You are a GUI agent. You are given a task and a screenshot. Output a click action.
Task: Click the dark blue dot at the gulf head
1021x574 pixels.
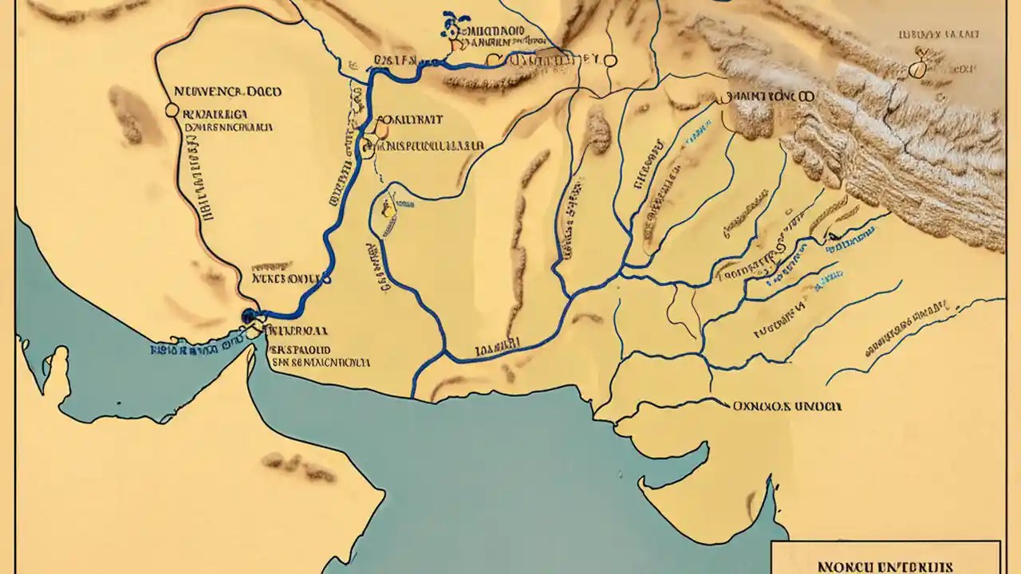(x=248, y=316)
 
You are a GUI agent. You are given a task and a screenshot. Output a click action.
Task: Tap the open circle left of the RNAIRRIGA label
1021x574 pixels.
(x=170, y=111)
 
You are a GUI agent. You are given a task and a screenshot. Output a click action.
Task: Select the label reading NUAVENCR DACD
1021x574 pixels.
(x=227, y=92)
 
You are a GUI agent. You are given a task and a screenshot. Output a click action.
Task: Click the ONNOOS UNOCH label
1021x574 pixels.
(x=786, y=405)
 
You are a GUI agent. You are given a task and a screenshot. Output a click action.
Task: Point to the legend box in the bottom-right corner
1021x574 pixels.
(x=885, y=556)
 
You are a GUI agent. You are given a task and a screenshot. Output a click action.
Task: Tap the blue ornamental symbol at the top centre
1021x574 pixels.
(x=452, y=26)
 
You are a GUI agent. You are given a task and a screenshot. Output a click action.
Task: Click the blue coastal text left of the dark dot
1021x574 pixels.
(x=195, y=348)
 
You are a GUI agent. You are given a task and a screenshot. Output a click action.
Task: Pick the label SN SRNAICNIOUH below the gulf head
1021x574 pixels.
(x=320, y=361)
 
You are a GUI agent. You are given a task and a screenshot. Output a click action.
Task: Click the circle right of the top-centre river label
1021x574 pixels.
(x=610, y=60)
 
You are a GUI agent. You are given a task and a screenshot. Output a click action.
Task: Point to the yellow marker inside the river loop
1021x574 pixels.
(x=388, y=210)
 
